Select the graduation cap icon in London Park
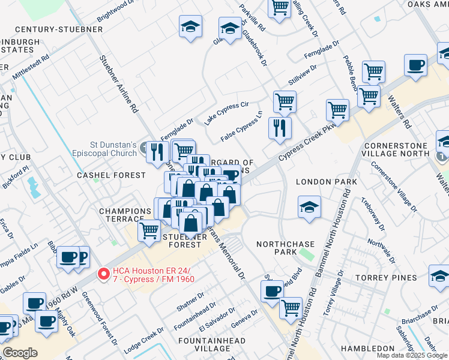pos(309,208)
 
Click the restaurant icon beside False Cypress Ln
pos(280,128)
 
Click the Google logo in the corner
pos(20,353)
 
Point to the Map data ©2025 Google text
pos(412,355)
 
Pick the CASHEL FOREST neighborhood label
pos(111,175)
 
